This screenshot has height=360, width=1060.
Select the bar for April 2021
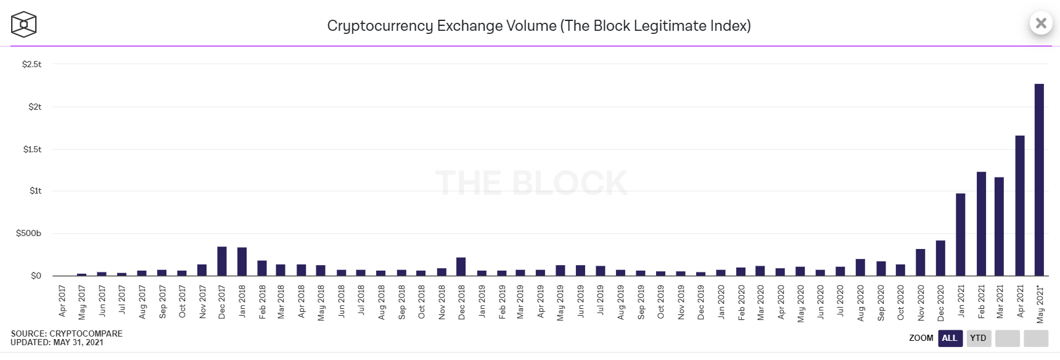pos(1019,206)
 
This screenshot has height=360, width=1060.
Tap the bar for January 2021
pos(960,235)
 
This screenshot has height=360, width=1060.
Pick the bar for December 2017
pos(222,261)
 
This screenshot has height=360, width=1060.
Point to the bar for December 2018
pos(461,266)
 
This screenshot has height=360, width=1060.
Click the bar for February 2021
pos(981,224)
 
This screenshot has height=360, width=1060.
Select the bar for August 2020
pos(860,268)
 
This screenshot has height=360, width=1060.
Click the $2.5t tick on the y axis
pos(31,64)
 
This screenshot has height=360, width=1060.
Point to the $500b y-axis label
pos(28,233)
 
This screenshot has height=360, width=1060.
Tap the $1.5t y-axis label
pos(32,149)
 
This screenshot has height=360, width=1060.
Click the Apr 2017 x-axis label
pos(62,301)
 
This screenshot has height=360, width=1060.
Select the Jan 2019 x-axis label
pos(482,301)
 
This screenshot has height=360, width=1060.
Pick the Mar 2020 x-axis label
pos(760,301)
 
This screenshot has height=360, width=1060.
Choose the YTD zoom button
pos(978,338)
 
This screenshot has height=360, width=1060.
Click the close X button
pos(1041,23)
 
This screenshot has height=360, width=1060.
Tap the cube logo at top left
pos(23,25)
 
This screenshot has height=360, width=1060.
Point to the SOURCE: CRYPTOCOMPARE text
pos(67,333)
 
